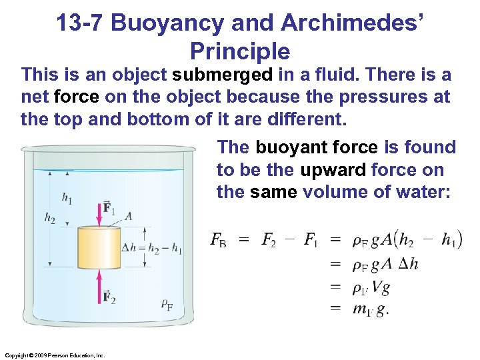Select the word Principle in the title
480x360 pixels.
click(239, 51)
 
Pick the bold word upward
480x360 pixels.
click(333, 170)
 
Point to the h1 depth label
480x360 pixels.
click(67, 197)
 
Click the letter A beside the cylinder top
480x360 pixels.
click(128, 215)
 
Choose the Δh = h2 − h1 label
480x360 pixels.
click(153, 248)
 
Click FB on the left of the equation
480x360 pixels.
click(218, 240)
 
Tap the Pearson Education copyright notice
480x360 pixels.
click(54, 355)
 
